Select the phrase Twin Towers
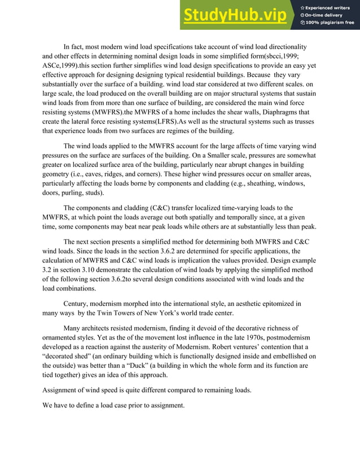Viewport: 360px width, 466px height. pos(124,313)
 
